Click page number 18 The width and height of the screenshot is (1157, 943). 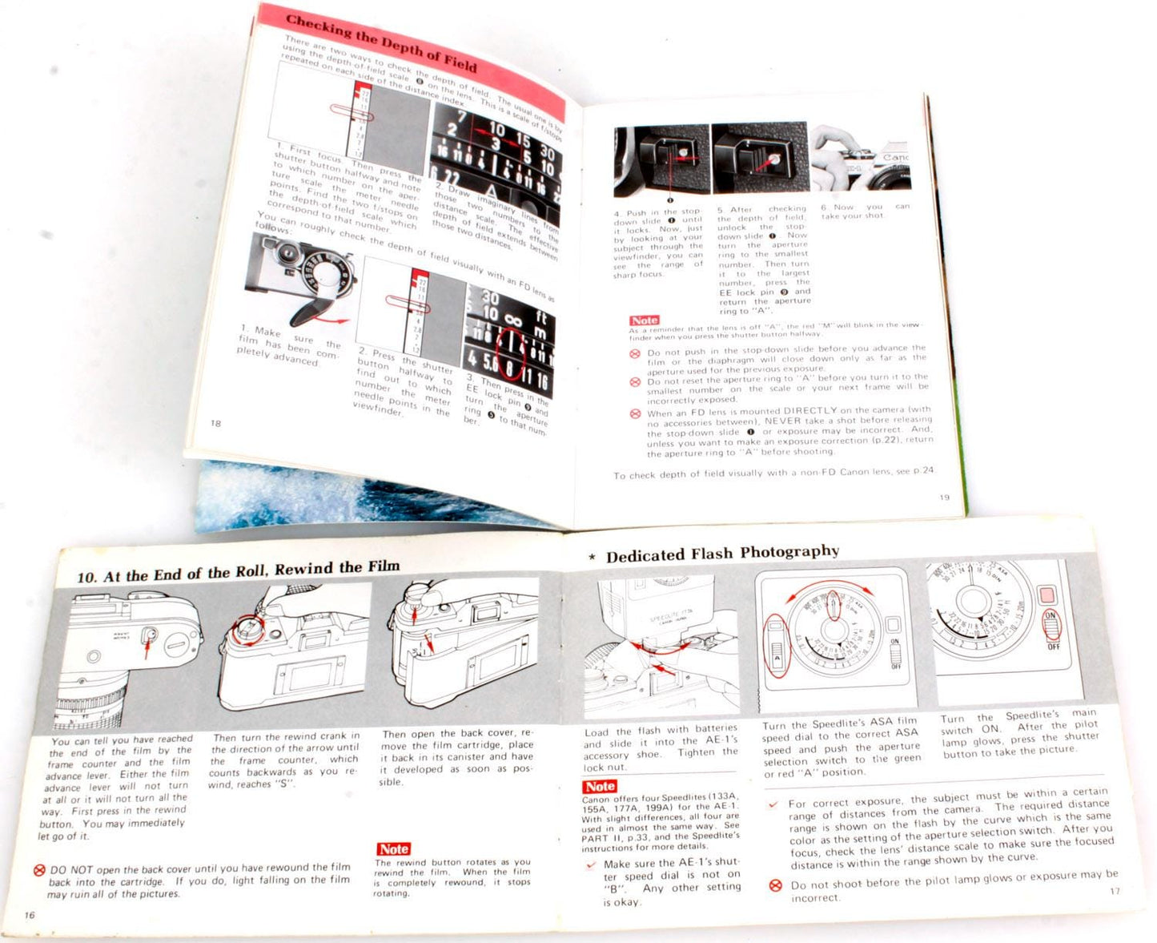pyautogui.click(x=215, y=423)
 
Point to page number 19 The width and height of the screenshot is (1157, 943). pyautogui.click(x=944, y=498)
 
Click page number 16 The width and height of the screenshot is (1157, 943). pyautogui.click(x=30, y=915)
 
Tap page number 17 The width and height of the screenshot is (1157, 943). pyautogui.click(x=1115, y=891)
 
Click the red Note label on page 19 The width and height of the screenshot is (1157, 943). pyautogui.click(x=644, y=320)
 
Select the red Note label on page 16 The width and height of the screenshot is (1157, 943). pyautogui.click(x=393, y=848)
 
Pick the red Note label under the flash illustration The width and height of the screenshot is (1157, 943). pyautogui.click(x=599, y=786)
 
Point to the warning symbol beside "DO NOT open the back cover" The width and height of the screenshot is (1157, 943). pyautogui.click(x=39, y=870)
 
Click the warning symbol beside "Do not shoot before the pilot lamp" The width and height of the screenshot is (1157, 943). pyautogui.click(x=775, y=885)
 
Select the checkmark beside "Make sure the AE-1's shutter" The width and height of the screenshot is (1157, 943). pyautogui.click(x=591, y=864)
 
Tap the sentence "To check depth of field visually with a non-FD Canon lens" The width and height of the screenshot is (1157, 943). pyautogui.click(x=773, y=473)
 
